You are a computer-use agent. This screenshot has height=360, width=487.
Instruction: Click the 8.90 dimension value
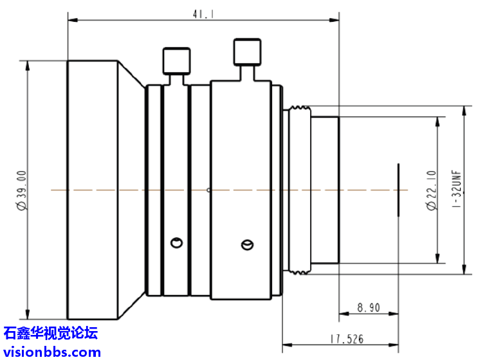pyautogui.click(x=368, y=308)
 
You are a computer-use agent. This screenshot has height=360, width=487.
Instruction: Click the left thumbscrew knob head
pyautogui.click(x=176, y=61)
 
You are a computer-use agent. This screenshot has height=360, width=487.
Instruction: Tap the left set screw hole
pyautogui.click(x=175, y=242)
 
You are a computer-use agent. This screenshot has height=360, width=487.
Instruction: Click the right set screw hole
pyautogui.click(x=246, y=244)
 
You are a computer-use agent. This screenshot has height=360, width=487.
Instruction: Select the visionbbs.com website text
pyautogui.click(x=51, y=352)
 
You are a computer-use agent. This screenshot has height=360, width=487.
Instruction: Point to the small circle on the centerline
pyautogui.click(x=208, y=190)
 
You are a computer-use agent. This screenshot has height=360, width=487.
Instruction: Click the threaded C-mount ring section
pyautogui.click(x=297, y=190)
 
